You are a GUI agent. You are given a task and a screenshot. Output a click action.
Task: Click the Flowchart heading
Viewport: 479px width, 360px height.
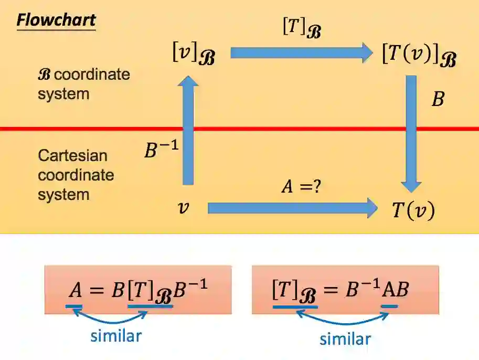tap(56, 20)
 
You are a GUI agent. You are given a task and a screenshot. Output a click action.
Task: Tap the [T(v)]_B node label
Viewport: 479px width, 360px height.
tap(418, 55)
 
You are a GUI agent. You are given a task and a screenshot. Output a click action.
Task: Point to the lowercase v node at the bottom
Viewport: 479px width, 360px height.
tap(183, 208)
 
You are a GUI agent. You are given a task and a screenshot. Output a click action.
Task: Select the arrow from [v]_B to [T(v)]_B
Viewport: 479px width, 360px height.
tap(301, 52)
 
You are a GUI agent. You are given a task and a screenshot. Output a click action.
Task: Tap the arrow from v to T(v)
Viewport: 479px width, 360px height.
tap(292, 208)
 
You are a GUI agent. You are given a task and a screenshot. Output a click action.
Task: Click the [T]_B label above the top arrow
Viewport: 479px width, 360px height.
tap(301, 28)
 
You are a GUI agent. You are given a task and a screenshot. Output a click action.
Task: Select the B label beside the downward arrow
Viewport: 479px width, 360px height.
tap(438, 99)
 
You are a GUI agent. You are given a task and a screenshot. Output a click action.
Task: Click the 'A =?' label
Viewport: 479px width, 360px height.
tap(300, 186)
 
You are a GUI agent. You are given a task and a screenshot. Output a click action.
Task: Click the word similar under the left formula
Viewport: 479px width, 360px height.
tap(116, 335)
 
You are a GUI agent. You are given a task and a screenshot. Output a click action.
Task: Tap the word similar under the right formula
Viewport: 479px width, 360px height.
tap(345, 338)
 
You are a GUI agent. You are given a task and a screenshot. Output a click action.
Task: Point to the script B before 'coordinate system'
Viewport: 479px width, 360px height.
tap(45, 74)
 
